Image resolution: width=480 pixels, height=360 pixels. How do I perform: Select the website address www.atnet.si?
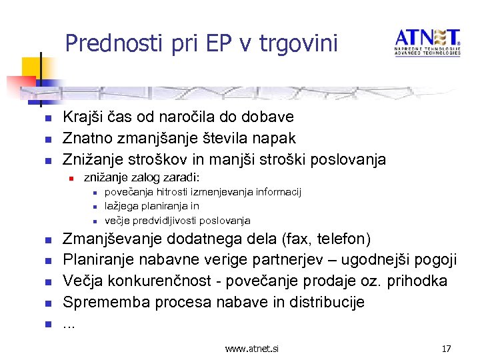pyautogui.click(x=252, y=348)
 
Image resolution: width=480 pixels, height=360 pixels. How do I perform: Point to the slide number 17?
pyautogui.click(x=447, y=348)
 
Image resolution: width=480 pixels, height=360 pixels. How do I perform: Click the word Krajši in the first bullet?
pyautogui.click(x=83, y=117)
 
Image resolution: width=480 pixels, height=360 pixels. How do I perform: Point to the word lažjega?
pyautogui.click(x=121, y=206)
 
